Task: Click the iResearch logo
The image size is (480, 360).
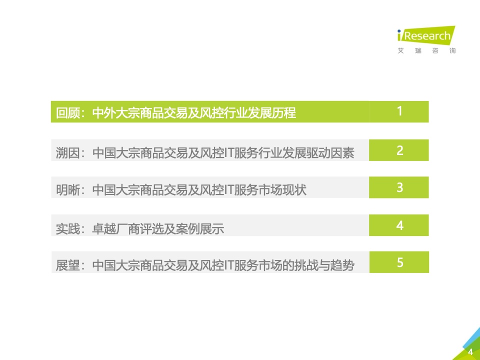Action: [x=426, y=35]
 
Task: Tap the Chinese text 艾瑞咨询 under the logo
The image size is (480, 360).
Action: [x=426, y=50]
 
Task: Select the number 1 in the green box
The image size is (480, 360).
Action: [x=399, y=111]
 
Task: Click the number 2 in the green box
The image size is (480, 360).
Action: [x=399, y=150]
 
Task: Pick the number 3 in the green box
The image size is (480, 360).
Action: [x=399, y=187]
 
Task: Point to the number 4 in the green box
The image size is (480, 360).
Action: [x=399, y=225]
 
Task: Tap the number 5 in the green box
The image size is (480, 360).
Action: [x=400, y=262]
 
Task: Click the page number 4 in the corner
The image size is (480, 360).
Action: [x=470, y=351]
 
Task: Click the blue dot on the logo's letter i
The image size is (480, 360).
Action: [x=399, y=31]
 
